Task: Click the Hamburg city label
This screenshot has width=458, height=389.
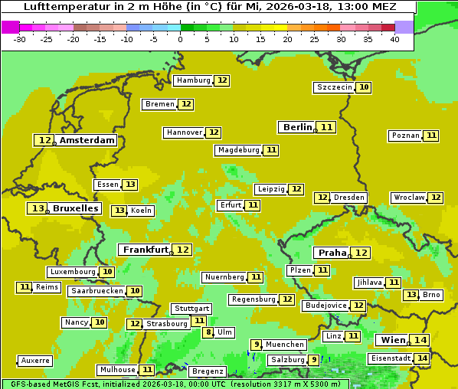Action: pyautogui.click(x=193, y=80)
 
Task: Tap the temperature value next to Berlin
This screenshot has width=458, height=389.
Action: pyautogui.click(x=327, y=127)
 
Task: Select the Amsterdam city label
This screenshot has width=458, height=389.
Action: pyautogui.click(x=87, y=140)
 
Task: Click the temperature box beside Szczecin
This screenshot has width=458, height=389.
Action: pyautogui.click(x=364, y=87)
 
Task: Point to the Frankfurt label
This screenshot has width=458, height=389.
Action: pyautogui.click(x=146, y=250)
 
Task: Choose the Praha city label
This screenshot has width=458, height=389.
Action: pyautogui.click(x=332, y=253)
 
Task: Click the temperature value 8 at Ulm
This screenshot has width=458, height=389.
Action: pyautogui.click(x=208, y=332)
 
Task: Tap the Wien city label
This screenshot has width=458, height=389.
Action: pyautogui.click(x=392, y=340)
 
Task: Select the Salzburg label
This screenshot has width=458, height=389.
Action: pyautogui.click(x=287, y=360)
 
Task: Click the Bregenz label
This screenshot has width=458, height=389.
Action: pyautogui.click(x=207, y=371)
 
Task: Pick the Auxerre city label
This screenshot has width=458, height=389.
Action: pyautogui.click(x=36, y=361)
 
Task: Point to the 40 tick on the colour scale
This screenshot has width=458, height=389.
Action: pyautogui.click(x=394, y=38)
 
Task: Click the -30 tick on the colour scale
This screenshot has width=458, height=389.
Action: pyautogui.click(x=20, y=38)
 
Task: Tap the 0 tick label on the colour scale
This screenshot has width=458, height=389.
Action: pyautogui.click(x=180, y=38)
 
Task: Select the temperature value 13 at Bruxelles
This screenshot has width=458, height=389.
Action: pyautogui.click(x=38, y=208)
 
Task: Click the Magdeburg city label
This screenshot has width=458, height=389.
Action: pyautogui.click(x=238, y=150)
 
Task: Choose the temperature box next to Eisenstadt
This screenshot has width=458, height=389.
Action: pyautogui.click(x=422, y=358)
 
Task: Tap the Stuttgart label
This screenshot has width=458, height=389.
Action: pyautogui.click(x=191, y=309)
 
